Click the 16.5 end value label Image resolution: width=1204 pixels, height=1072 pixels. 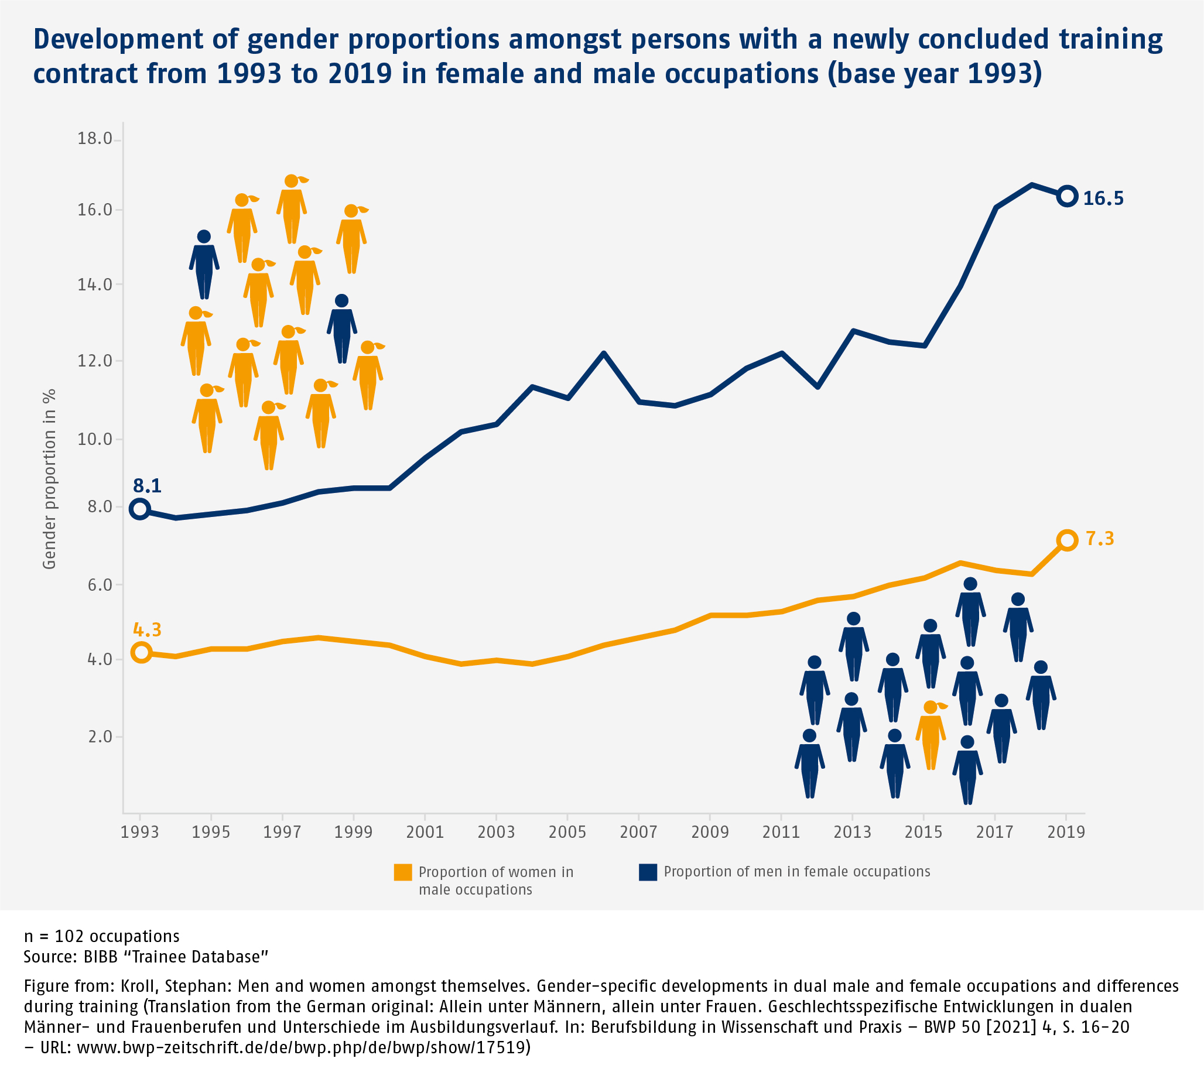tap(1103, 198)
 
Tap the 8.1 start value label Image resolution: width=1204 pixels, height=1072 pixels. tap(146, 485)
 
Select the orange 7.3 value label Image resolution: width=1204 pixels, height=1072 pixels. tap(1100, 539)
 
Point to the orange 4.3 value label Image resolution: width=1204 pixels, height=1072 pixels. tap(146, 629)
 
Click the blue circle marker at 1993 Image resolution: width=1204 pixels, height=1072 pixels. tap(139, 508)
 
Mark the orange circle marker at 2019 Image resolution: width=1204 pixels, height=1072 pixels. tap(1068, 540)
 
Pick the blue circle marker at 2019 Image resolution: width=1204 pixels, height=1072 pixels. tap(1068, 196)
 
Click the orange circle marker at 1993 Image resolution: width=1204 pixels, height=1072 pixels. tap(141, 652)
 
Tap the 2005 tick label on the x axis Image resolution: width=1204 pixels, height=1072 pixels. tap(567, 833)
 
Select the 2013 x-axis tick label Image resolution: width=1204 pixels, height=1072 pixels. tap(851, 833)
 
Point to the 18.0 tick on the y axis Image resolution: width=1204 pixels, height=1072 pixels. tap(95, 138)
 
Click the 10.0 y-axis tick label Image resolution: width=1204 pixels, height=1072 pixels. tap(95, 439)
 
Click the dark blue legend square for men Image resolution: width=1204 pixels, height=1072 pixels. tap(647, 872)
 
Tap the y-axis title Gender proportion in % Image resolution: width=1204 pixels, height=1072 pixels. tap(49, 479)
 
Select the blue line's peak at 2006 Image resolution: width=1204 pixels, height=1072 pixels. tap(604, 354)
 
